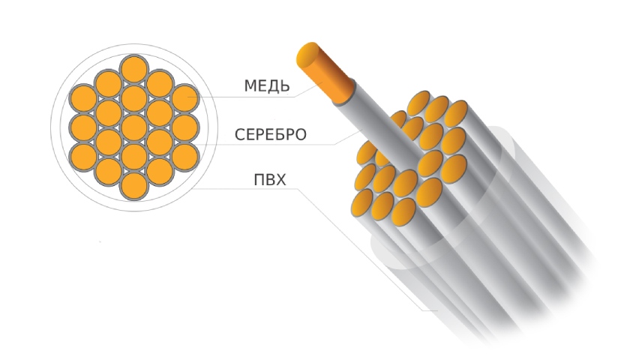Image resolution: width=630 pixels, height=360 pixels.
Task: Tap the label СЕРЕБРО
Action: (270, 135)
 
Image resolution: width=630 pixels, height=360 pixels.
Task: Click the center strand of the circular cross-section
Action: (133, 126)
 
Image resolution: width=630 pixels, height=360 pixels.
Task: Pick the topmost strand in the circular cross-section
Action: (133, 68)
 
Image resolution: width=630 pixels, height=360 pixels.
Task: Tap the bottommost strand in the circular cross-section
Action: (133, 184)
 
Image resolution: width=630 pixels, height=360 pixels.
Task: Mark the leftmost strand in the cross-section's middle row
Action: (82, 126)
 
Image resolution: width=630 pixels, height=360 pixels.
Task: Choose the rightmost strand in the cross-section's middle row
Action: (184, 126)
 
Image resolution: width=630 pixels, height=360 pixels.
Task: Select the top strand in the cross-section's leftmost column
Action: (82, 97)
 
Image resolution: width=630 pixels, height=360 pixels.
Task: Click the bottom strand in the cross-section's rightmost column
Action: (184, 155)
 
